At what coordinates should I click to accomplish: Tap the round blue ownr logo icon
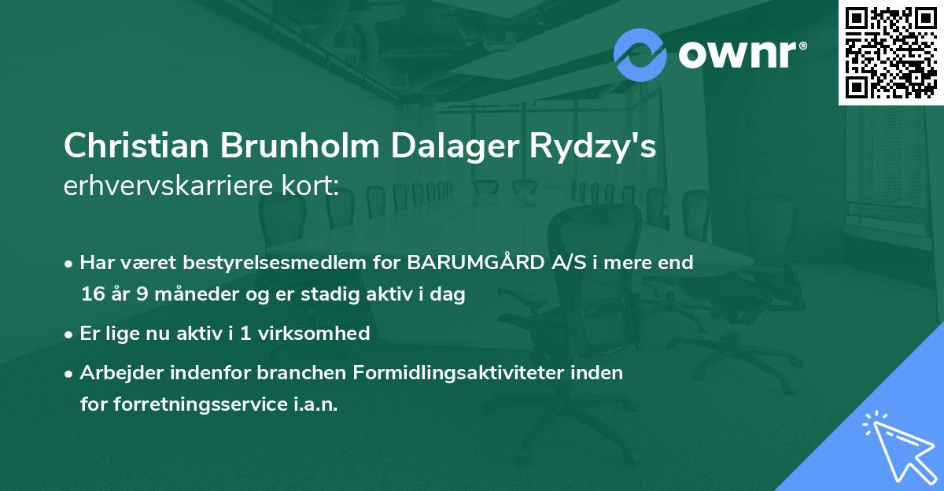pos(640,55)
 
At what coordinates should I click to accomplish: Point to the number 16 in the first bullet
pos(91,295)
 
